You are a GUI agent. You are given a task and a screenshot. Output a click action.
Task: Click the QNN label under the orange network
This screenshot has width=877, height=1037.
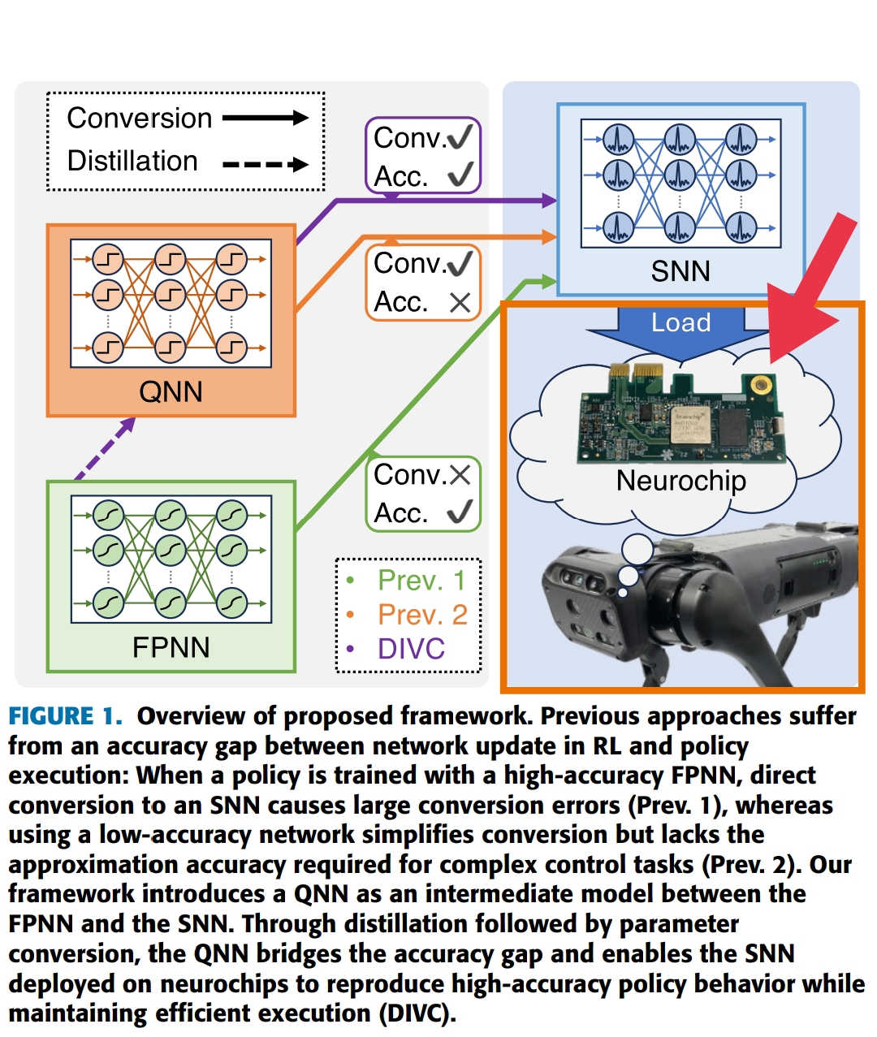[171, 392]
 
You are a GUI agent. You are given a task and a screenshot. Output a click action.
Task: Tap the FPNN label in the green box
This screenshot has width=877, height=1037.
[171, 647]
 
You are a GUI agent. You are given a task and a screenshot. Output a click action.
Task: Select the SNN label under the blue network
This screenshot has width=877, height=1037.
[680, 271]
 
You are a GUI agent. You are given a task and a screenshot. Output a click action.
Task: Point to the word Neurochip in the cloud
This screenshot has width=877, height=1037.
[680, 481]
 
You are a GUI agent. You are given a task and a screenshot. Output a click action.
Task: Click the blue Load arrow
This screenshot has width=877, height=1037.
[680, 329]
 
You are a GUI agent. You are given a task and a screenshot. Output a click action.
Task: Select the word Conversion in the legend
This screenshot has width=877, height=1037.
[140, 119]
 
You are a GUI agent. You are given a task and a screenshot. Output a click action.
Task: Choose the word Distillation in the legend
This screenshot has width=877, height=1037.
[132, 162]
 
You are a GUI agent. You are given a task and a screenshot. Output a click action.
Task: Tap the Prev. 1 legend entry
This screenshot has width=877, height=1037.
[421, 581]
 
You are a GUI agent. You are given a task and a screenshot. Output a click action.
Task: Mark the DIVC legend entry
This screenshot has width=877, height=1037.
[411, 649]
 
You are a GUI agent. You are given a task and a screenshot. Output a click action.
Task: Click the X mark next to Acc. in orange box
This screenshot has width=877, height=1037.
[460, 303]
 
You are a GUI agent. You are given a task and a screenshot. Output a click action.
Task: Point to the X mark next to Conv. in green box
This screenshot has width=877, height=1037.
[460, 475]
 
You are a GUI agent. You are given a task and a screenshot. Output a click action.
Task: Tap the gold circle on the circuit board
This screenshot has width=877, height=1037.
[761, 385]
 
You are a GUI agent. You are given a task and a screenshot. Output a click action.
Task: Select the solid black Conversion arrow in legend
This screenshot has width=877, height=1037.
[265, 119]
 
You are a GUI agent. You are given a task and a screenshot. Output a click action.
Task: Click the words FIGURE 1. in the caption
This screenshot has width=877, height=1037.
[65, 716]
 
